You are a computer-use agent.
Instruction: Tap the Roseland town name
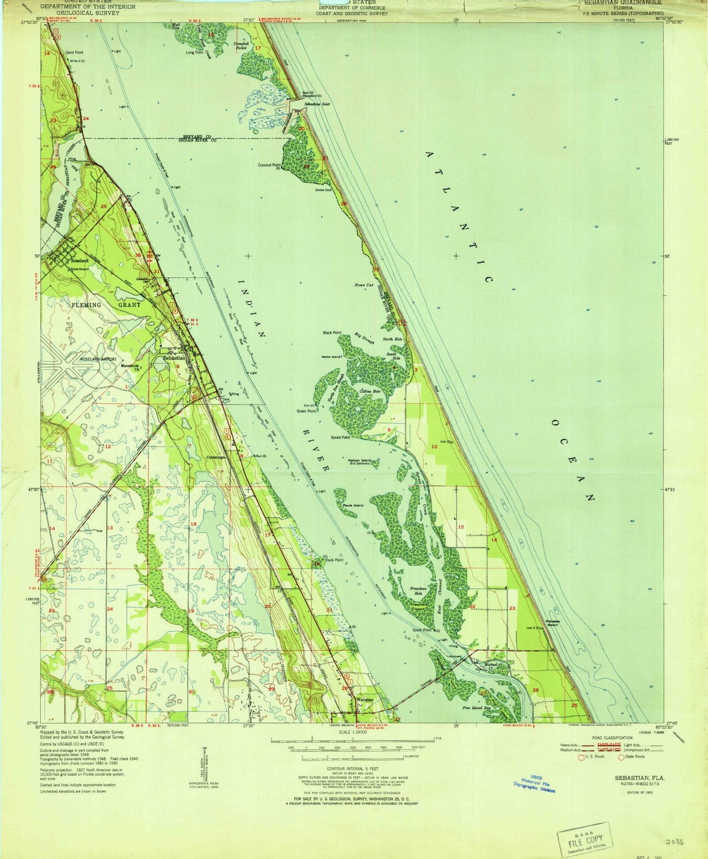pyautogui.click(x=79, y=261)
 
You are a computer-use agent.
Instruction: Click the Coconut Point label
pyautogui.click(x=269, y=165)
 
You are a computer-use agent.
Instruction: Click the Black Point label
pyautogui.click(x=332, y=333)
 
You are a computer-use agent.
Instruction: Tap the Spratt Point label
pyautogui.click(x=340, y=438)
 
